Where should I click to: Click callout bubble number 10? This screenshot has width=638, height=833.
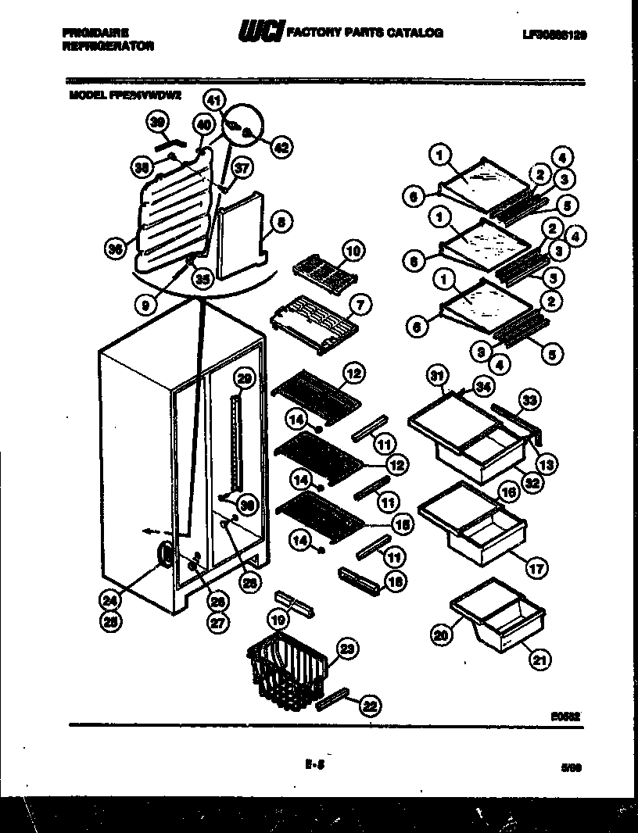(353, 251)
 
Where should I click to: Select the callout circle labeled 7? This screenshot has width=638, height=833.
(359, 302)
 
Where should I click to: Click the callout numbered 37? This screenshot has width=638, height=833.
(242, 167)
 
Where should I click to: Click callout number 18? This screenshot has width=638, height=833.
(396, 581)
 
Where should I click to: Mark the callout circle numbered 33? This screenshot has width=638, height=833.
(530, 401)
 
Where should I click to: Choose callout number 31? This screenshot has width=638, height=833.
(436, 377)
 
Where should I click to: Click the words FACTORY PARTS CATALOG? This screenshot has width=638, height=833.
(365, 34)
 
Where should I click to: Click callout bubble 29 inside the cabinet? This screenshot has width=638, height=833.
(245, 379)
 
